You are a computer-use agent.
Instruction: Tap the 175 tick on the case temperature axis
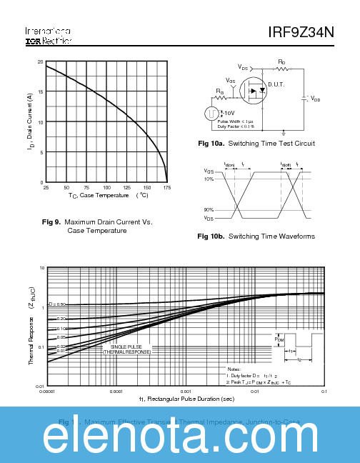(x=166, y=187)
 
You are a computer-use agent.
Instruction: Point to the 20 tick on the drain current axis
(x=41, y=62)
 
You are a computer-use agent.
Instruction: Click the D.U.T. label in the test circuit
(x=276, y=85)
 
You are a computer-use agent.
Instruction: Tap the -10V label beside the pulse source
(x=228, y=113)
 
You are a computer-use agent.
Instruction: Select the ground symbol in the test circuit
(x=284, y=133)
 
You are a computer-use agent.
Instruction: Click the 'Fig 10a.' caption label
(x=211, y=144)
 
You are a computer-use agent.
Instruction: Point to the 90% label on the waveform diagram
(x=209, y=210)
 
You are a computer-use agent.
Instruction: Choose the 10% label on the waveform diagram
(x=209, y=179)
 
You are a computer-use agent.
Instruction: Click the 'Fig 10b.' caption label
(x=211, y=237)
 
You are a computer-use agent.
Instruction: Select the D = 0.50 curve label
(x=56, y=304)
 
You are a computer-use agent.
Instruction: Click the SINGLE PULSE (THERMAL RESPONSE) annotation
(x=127, y=349)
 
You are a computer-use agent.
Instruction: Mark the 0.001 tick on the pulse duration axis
(x=186, y=392)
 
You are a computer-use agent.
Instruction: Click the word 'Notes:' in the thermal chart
(x=224, y=369)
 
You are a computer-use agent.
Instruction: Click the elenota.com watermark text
(x=180, y=434)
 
